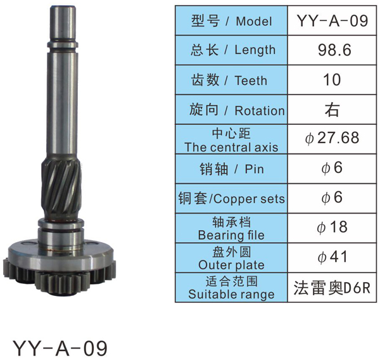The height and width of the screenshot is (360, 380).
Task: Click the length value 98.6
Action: tap(334, 50)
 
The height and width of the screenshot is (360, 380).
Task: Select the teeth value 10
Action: tap(332, 80)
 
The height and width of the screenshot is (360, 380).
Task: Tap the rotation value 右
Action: tap(332, 110)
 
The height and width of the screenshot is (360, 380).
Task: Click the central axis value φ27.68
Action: tap(332, 138)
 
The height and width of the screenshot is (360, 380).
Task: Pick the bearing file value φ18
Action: tap(332, 227)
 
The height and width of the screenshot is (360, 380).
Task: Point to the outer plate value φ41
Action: tap(332, 257)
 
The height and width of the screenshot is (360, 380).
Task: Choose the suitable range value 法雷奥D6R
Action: tap(332, 288)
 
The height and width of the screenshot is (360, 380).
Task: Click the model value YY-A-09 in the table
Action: tap(332, 21)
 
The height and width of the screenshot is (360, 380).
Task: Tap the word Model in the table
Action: tap(254, 21)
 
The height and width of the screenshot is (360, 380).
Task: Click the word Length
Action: tap(255, 51)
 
